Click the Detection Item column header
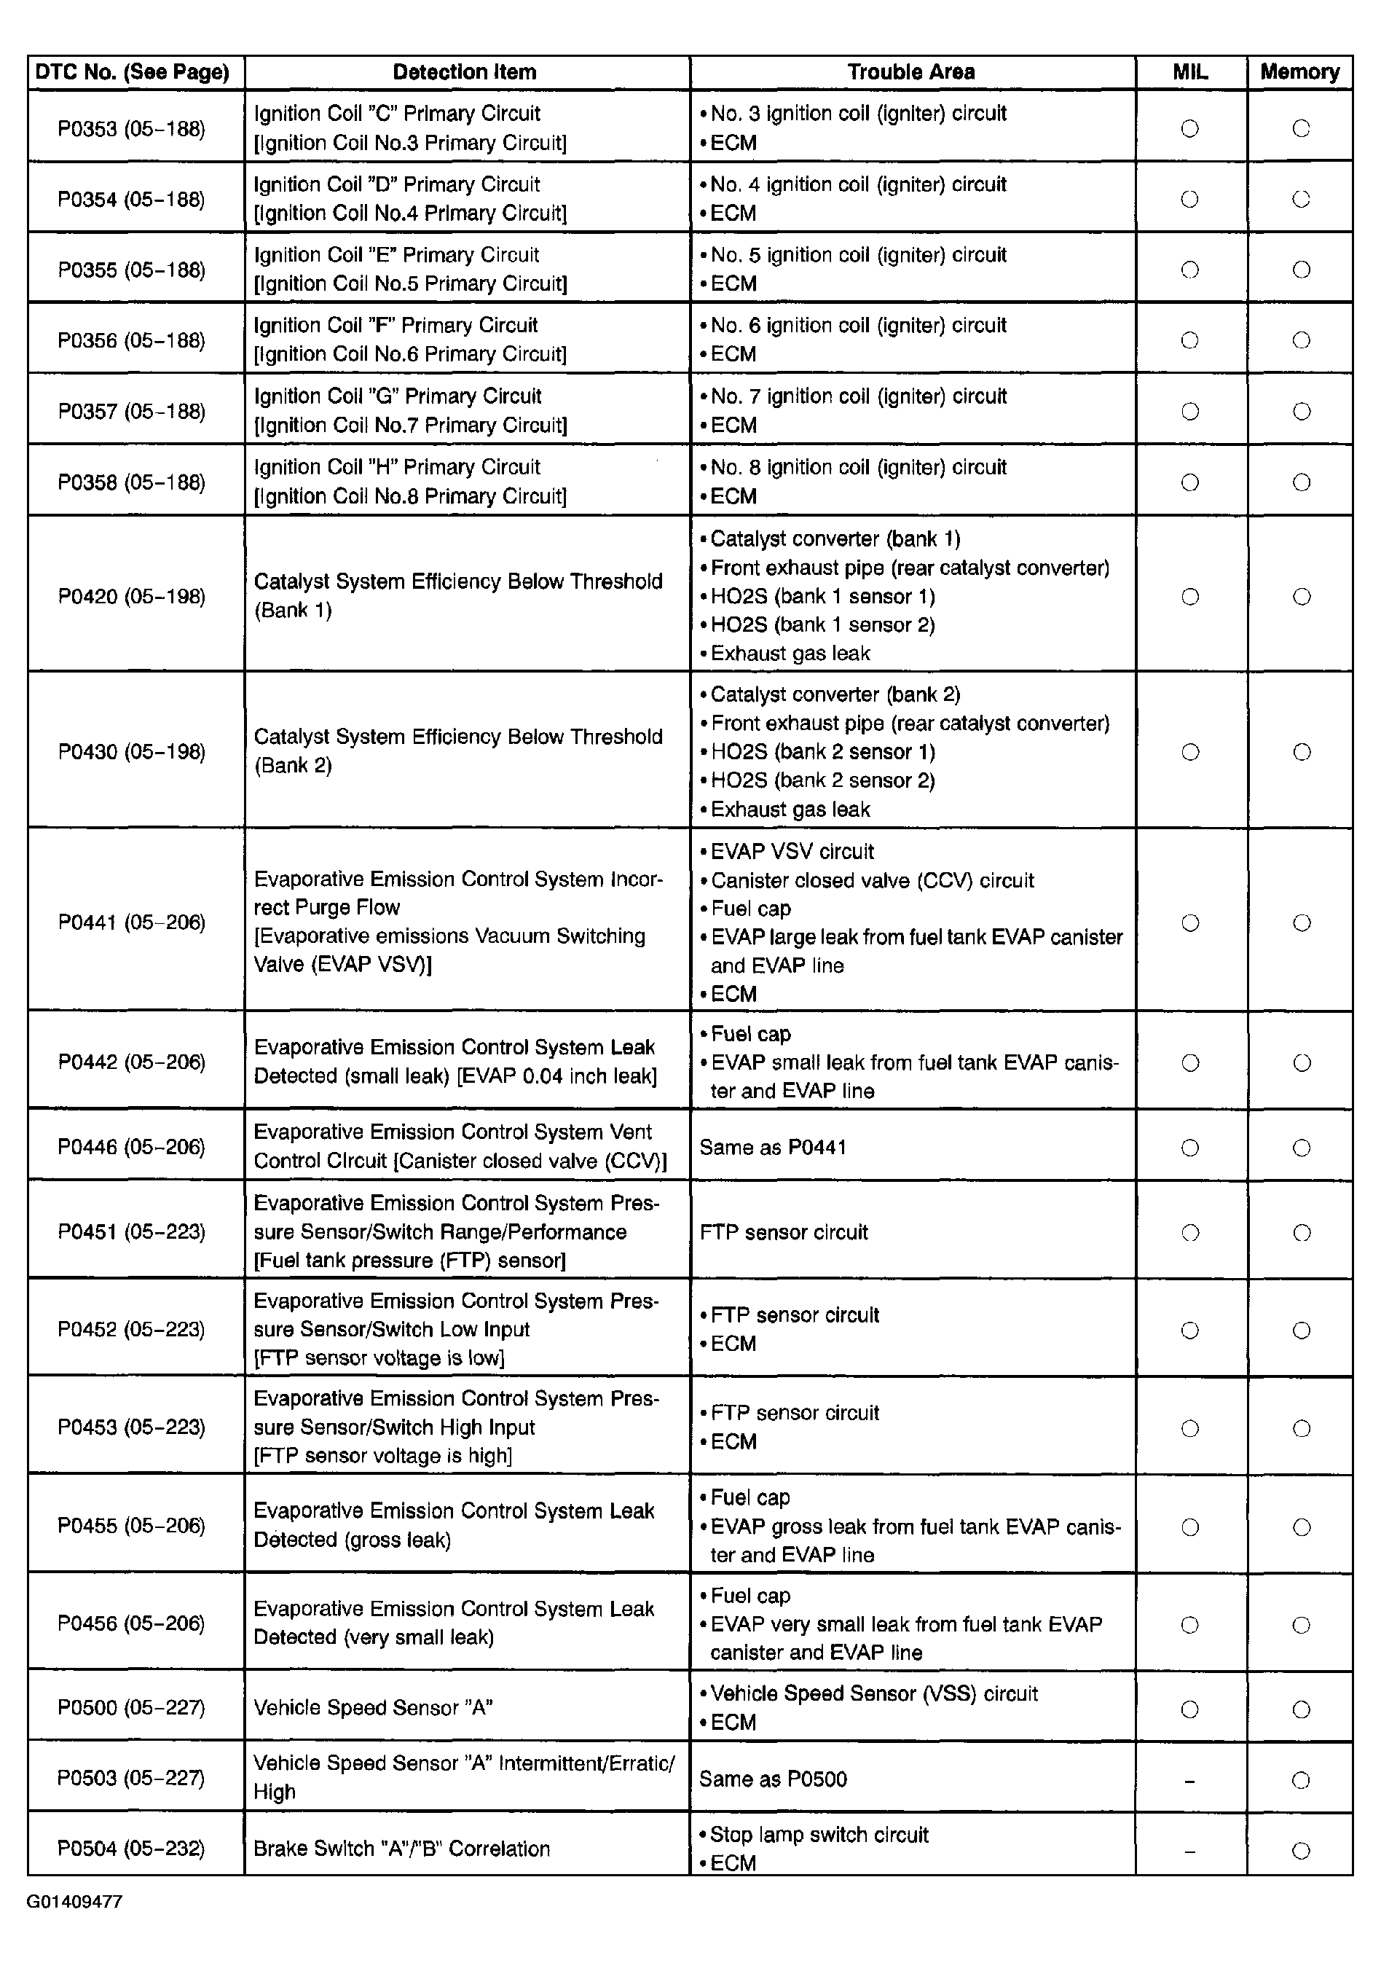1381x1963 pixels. (464, 73)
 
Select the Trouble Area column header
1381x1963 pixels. (911, 73)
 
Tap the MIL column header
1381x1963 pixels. (1189, 73)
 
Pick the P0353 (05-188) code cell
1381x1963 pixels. (132, 129)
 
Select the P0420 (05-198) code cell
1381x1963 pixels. (132, 596)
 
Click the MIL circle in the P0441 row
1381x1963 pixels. (1189, 922)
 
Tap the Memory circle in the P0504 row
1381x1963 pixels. (1301, 1851)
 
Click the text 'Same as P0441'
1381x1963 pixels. (773, 1148)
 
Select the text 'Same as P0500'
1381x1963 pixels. (773, 1780)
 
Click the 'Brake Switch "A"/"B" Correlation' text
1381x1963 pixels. (401, 1849)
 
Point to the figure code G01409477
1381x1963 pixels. (74, 1902)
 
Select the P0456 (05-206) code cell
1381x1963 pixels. (132, 1623)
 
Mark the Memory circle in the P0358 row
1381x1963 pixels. (1301, 483)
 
